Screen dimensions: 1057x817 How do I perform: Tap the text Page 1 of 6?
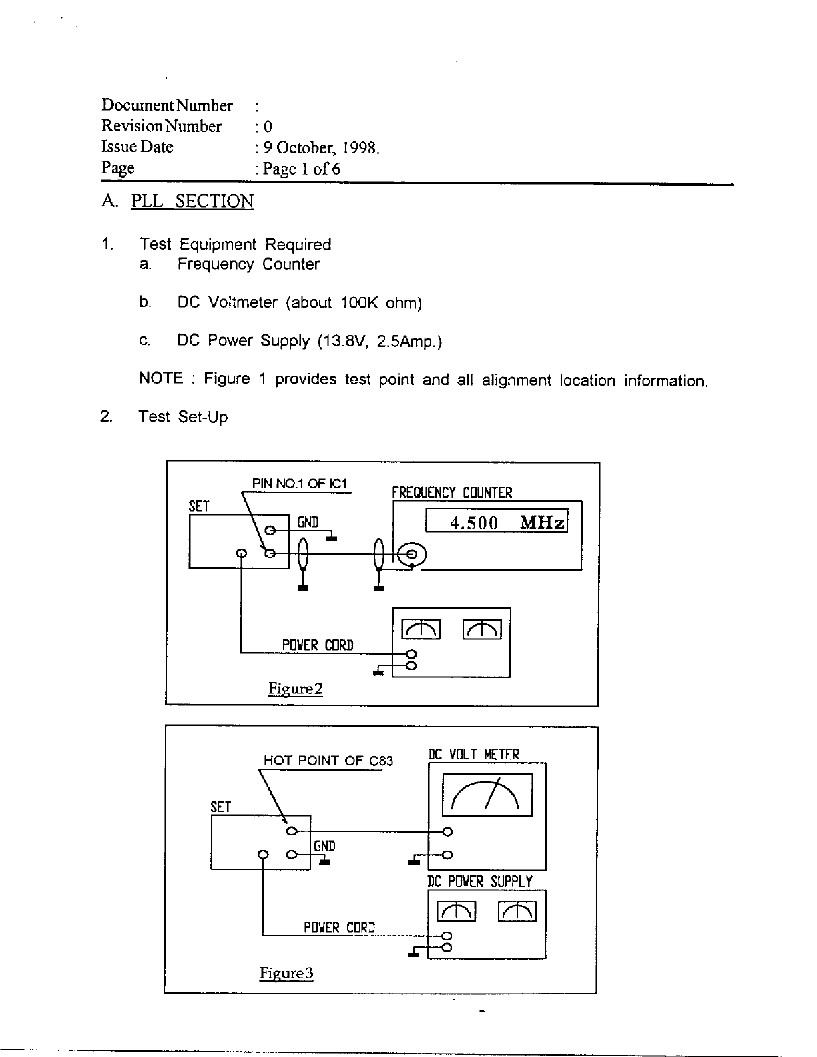click(x=301, y=169)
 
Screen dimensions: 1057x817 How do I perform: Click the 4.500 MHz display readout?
click(x=496, y=522)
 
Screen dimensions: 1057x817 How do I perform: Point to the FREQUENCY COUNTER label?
click(x=452, y=493)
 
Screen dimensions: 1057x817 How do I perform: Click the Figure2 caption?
click(x=296, y=688)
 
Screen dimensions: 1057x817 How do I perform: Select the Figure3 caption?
click(x=286, y=973)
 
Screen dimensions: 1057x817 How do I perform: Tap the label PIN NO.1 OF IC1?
click(x=300, y=484)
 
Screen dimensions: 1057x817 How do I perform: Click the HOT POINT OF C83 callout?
click(x=328, y=760)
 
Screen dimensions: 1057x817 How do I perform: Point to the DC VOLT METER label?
click(x=473, y=754)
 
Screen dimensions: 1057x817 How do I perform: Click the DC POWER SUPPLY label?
click(x=480, y=882)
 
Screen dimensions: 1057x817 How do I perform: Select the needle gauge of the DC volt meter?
click(x=487, y=795)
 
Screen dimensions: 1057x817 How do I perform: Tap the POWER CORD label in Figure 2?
click(x=318, y=645)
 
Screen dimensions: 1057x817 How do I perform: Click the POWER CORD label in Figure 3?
click(x=339, y=928)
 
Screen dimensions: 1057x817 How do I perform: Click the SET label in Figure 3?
click(x=221, y=807)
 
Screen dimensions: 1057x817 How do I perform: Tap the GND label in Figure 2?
click(x=308, y=522)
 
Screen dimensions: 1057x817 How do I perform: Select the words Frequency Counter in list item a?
click(x=248, y=264)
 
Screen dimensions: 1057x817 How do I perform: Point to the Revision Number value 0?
click(x=268, y=127)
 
